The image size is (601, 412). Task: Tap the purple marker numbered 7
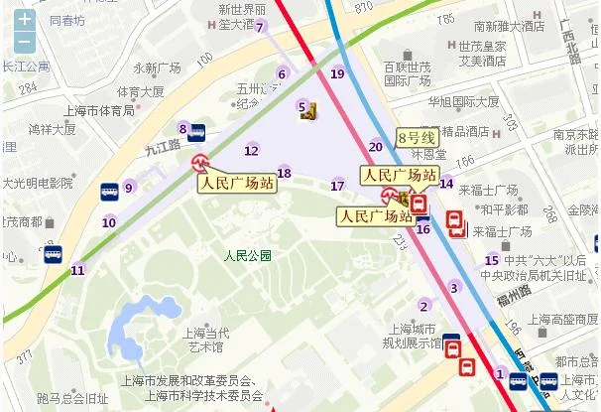tap(260, 27)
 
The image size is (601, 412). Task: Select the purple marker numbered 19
tap(337, 72)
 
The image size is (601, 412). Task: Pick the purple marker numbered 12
tap(251, 150)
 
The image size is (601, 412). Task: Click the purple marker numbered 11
tap(77, 269)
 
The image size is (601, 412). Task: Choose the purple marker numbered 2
tap(424, 305)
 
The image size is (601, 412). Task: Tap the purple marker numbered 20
tap(375, 146)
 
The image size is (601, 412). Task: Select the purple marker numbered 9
tap(128, 188)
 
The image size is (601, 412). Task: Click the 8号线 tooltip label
tap(417, 137)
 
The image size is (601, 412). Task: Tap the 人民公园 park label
tap(248, 255)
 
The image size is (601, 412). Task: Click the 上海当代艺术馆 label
tap(203, 340)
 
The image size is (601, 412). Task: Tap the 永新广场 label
tap(157, 68)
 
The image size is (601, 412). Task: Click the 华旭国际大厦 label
tap(463, 101)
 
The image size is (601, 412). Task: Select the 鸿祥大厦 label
tap(52, 128)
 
